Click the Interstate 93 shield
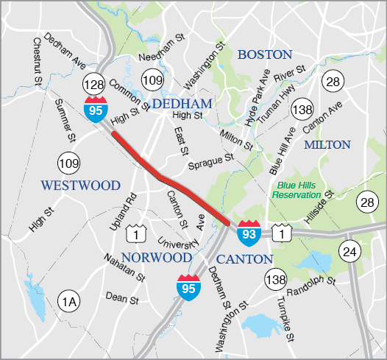[248, 232]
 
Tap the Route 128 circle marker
[94, 82]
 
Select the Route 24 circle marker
[348, 252]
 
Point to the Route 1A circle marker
[68, 300]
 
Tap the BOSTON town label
[264, 54]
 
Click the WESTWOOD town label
[80, 185]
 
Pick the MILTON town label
[327, 144]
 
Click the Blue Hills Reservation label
[297, 190]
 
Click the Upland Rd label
[124, 213]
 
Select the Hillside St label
[318, 207]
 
